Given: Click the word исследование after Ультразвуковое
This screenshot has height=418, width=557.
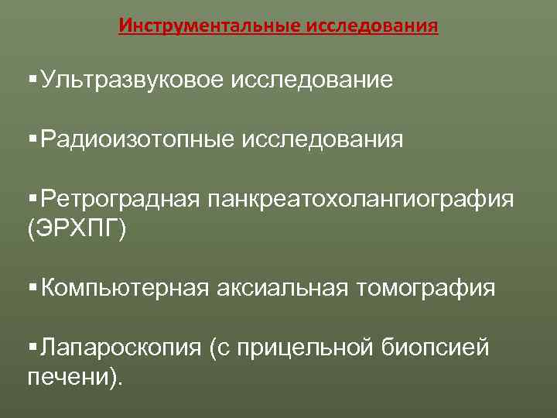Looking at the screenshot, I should point(310,80).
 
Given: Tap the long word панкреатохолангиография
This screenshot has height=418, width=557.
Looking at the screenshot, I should point(360,200).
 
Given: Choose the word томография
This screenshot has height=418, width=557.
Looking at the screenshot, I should point(425,289).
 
